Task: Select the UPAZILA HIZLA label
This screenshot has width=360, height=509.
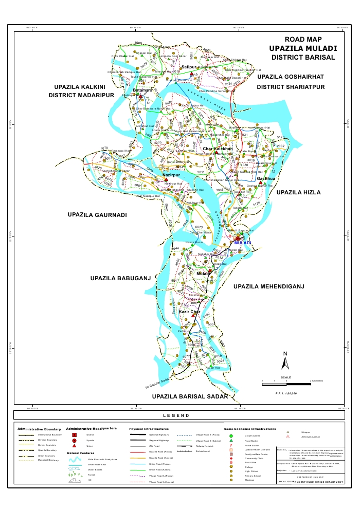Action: [298, 192]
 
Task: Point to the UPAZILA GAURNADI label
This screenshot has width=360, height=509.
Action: [97, 214]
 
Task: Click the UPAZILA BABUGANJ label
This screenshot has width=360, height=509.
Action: [120, 278]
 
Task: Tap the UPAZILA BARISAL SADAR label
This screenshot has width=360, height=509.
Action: [189, 397]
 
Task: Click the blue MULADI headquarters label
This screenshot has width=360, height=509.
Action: [242, 243]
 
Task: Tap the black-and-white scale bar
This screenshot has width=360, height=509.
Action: [285, 381]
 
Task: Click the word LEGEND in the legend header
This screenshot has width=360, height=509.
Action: [176, 415]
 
